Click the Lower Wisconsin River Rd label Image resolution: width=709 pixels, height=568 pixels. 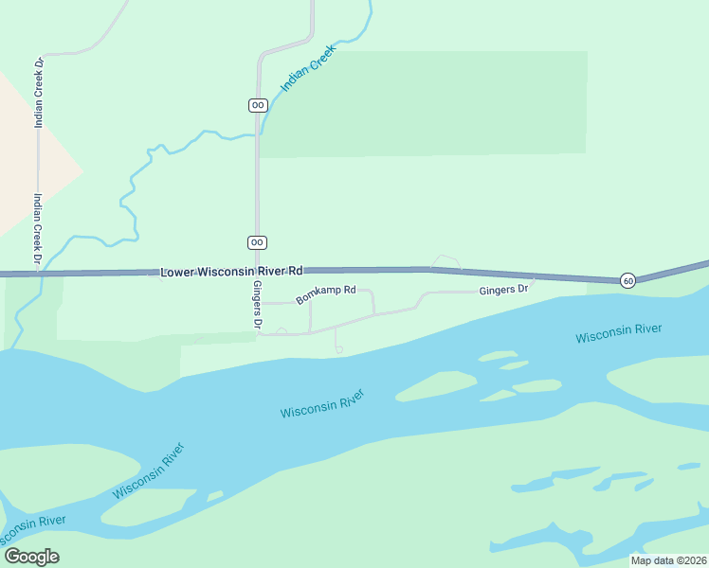(231, 271)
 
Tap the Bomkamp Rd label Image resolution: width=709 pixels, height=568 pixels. (325, 294)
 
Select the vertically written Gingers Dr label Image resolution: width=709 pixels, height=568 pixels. (257, 304)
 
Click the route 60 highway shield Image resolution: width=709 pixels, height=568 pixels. (627, 281)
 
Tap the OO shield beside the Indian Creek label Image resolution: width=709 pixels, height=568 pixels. (258, 105)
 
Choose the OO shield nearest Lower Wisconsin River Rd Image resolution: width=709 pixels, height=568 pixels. (257, 242)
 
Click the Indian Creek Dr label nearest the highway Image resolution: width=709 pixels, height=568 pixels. (38, 228)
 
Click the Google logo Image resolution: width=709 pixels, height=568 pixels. (31, 556)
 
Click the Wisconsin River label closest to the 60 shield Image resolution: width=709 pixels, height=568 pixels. (618, 333)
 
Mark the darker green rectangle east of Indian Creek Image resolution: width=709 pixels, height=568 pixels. (424, 103)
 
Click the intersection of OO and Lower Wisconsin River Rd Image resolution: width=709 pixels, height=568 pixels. (257, 272)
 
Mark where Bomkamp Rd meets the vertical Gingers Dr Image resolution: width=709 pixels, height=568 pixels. (259, 303)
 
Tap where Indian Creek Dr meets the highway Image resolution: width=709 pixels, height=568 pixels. (39, 274)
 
